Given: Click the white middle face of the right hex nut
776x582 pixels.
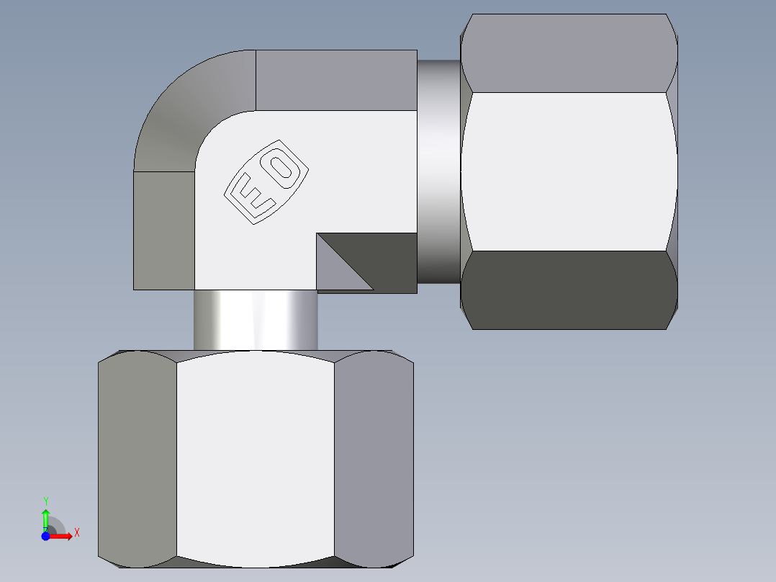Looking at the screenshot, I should (x=569, y=171).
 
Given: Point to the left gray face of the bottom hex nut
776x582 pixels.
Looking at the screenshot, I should (x=137, y=458).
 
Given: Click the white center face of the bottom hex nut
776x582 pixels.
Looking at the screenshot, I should (x=256, y=458).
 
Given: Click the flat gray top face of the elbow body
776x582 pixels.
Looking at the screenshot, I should (x=336, y=80).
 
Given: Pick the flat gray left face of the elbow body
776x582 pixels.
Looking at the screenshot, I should (x=164, y=230).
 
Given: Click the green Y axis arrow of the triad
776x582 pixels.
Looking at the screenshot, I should (x=45, y=518).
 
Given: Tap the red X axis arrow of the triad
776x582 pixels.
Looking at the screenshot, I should (x=63, y=536).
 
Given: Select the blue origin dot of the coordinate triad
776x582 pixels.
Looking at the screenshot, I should (x=45, y=536).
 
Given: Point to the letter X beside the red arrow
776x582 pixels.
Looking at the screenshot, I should (x=76, y=532).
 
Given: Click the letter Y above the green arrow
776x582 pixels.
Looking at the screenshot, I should (x=45, y=501).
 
